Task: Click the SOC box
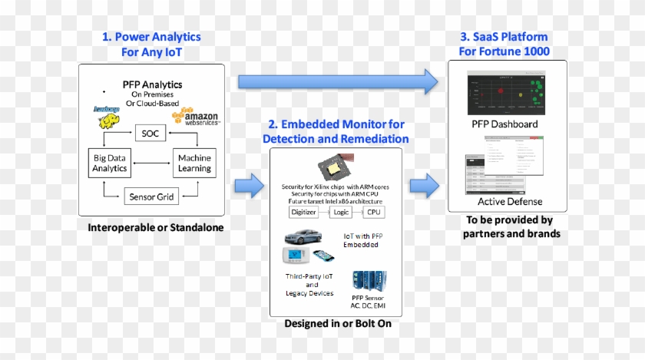tap(150, 134)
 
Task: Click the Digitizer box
tap(306, 212)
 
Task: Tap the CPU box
tap(374, 212)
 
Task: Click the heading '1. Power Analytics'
tap(151, 37)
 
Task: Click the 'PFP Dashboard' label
tap(504, 124)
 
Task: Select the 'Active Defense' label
tap(510, 202)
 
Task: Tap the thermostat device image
tap(296, 256)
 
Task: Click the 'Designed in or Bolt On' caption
tap(337, 323)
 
